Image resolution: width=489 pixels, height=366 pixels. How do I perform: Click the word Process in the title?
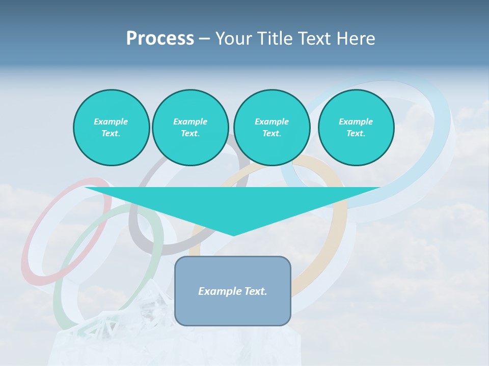[x=160, y=39]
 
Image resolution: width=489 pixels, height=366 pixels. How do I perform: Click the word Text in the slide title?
[x=315, y=39]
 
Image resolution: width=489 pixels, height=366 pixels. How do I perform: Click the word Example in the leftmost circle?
[x=111, y=121]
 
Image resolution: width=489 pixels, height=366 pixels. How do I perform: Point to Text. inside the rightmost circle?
[x=356, y=133]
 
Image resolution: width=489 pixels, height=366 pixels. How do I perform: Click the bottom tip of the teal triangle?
[x=233, y=234]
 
